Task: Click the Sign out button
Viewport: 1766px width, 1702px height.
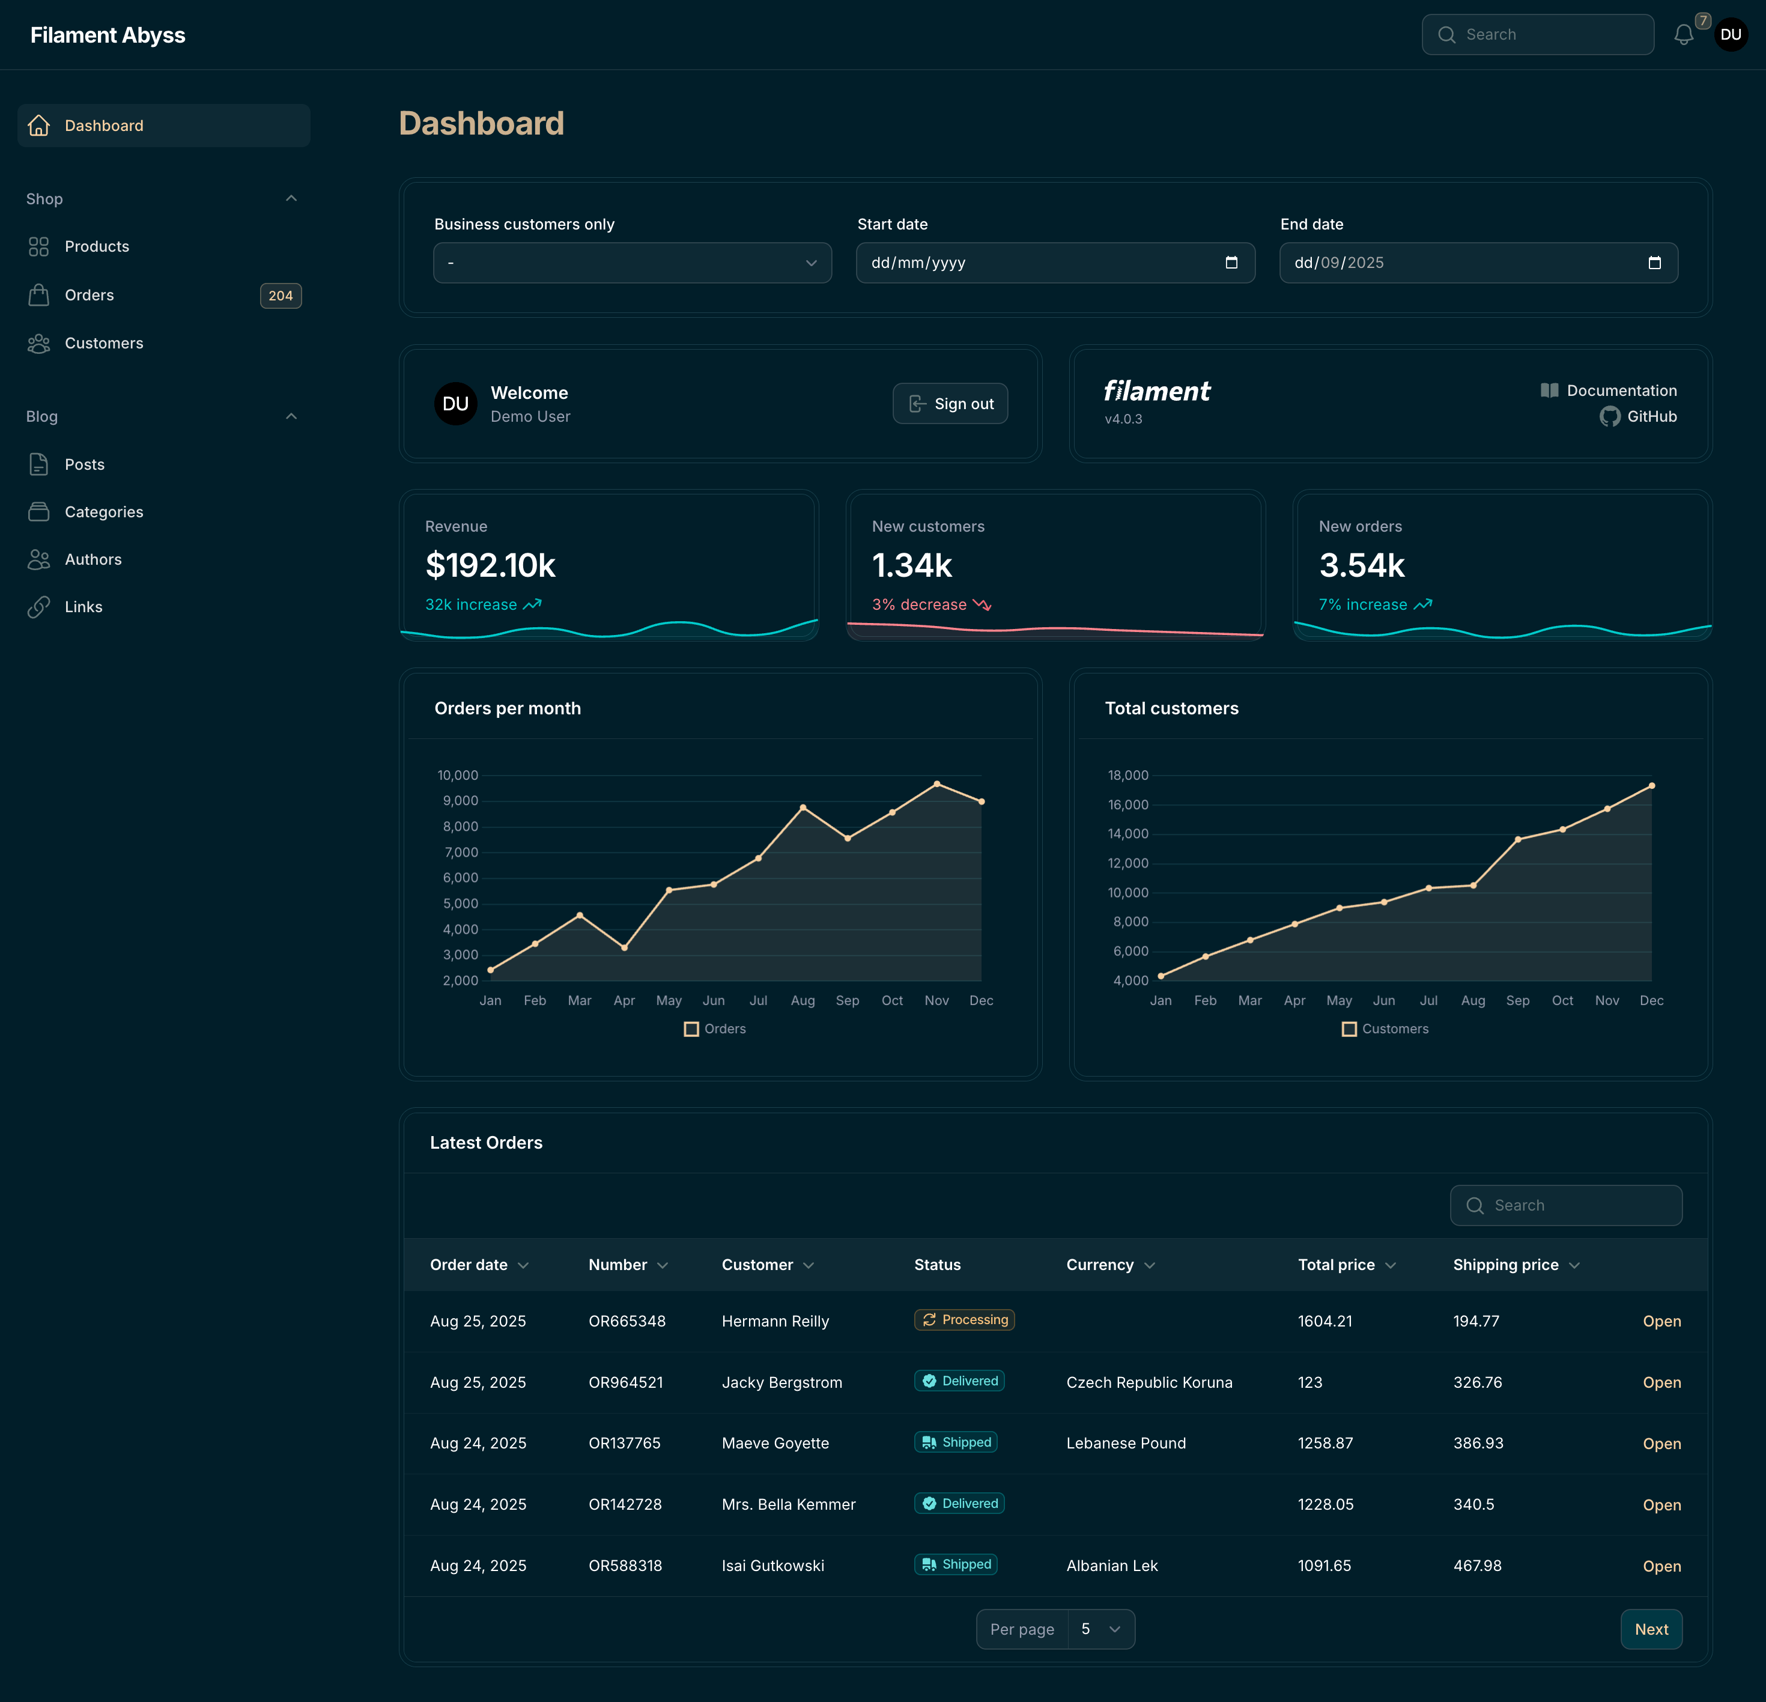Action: [950, 404]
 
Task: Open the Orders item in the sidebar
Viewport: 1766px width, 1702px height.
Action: [89, 294]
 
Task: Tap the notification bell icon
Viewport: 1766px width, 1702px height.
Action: [1683, 35]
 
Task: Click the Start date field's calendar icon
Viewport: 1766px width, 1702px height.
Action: [1231, 263]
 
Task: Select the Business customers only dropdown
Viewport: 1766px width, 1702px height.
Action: [632, 263]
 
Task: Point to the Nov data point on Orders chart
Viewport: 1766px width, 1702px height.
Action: [936, 784]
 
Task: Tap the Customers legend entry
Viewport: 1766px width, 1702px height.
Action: [1385, 1029]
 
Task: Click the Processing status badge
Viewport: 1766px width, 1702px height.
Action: [964, 1320]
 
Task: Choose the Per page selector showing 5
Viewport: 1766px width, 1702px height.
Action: [1100, 1629]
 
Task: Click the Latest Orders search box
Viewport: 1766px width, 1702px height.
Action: [1566, 1206]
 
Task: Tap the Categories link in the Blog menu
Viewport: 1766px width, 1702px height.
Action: [103, 512]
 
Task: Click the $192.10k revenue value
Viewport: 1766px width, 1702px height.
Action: [490, 565]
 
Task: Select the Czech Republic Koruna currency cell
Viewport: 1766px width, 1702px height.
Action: [1149, 1382]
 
